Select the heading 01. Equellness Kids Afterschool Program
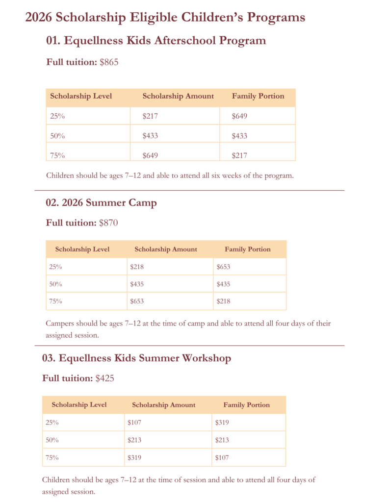click(x=156, y=41)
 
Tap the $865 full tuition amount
click(x=109, y=62)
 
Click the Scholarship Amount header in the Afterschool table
click(x=178, y=96)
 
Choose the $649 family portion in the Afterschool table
click(x=239, y=116)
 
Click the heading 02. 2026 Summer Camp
click(x=101, y=202)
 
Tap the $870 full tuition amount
click(x=108, y=223)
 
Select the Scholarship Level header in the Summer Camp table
click(x=82, y=249)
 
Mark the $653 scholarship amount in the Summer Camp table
click(x=137, y=301)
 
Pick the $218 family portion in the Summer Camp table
click(x=223, y=301)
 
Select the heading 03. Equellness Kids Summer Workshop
click(x=136, y=358)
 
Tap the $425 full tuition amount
click(x=105, y=378)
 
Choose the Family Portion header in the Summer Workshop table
click(x=247, y=405)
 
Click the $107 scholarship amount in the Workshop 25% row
click(x=134, y=422)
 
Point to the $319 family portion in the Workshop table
click(x=222, y=422)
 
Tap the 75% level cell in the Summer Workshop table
click(x=52, y=457)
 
